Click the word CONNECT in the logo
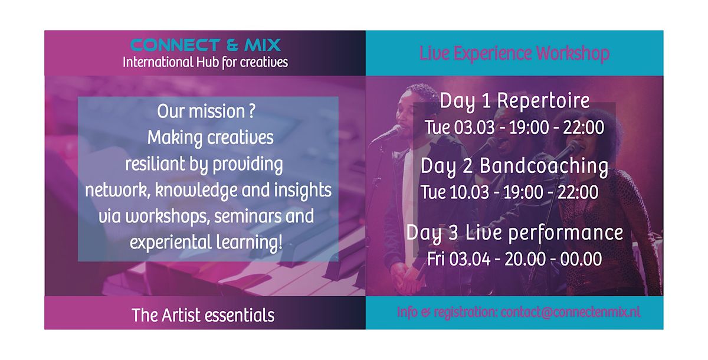(x=175, y=45)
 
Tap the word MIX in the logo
(x=263, y=45)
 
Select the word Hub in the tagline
(x=208, y=62)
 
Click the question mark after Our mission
(x=252, y=112)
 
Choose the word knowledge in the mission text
(x=196, y=190)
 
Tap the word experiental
(x=171, y=243)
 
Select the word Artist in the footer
(x=181, y=315)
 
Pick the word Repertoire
(x=543, y=101)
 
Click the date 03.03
(x=474, y=127)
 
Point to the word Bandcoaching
(x=544, y=166)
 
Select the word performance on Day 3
(x=566, y=233)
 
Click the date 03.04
(x=470, y=259)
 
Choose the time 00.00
(x=581, y=259)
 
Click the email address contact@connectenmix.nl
(x=571, y=312)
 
